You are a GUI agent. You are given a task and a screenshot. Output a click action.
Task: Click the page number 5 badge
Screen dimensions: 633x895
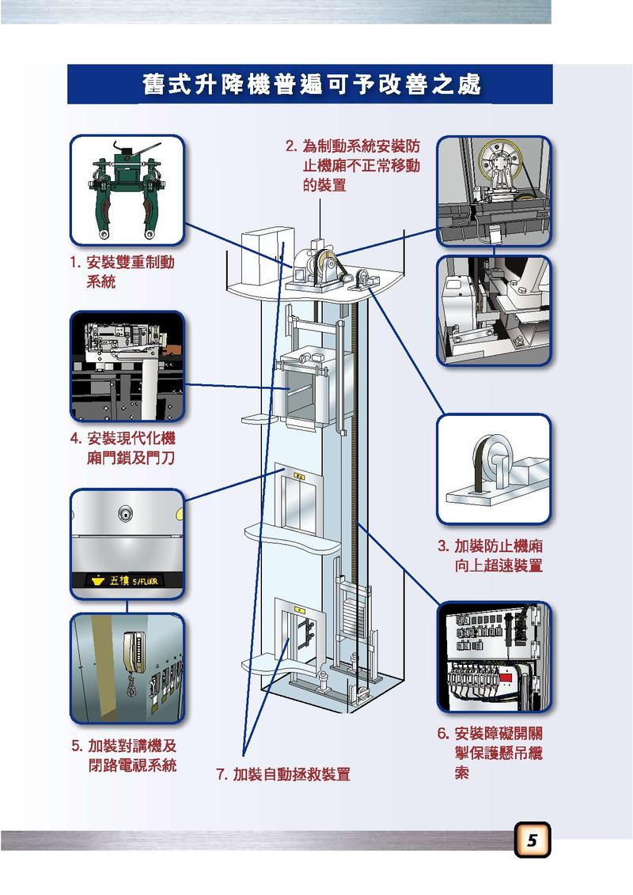click(533, 839)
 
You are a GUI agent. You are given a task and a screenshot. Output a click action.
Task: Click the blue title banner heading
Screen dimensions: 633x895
click(310, 85)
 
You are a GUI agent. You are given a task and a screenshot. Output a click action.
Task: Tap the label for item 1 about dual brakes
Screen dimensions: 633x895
click(123, 271)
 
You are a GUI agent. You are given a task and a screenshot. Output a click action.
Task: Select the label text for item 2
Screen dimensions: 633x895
click(353, 165)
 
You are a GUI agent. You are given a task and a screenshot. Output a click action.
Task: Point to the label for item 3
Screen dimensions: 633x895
click(490, 555)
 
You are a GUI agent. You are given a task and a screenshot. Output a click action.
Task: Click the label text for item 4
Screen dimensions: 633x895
click(123, 447)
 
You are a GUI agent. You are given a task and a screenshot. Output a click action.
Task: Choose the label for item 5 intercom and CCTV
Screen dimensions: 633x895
click(124, 755)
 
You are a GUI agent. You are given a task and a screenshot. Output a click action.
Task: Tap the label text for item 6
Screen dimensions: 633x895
click(490, 753)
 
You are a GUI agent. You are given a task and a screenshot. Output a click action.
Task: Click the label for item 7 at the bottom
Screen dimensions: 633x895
click(283, 774)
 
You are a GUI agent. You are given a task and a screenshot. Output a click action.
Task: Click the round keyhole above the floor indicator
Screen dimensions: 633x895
click(126, 513)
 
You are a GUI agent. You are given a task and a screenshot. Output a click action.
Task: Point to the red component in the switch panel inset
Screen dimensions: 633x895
click(506, 677)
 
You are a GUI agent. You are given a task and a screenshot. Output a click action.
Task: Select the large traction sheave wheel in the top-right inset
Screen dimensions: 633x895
click(498, 163)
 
